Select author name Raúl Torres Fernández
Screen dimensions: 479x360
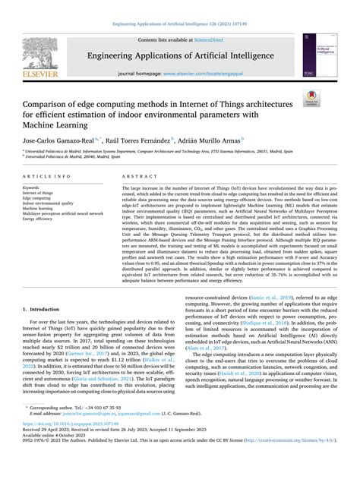click(x=141, y=140)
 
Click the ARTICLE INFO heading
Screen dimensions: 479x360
click(x=49, y=175)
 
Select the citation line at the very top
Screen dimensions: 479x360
click(x=180, y=6)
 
